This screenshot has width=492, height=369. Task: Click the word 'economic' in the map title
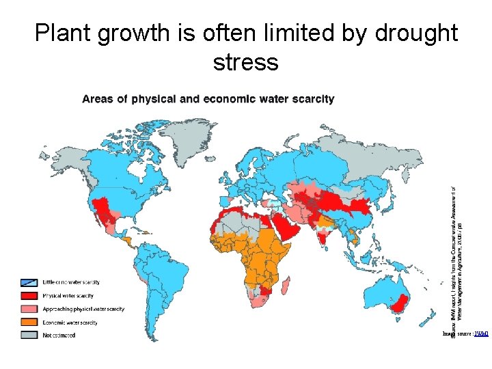229,99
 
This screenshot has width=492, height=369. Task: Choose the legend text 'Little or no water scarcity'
71,282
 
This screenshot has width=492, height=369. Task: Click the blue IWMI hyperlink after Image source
482,334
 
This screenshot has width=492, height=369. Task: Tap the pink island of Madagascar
290,286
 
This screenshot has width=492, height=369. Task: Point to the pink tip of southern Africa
259,301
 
